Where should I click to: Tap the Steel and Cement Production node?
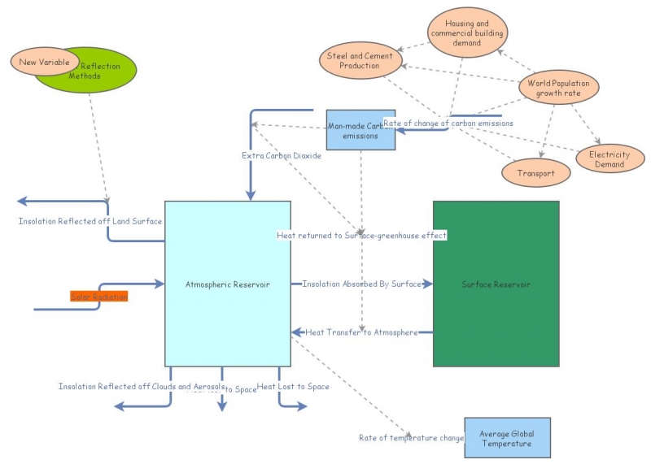coord(359,61)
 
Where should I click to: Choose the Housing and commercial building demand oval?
coord(467,33)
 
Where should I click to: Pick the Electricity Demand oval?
coord(609,158)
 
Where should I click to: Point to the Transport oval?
coord(535,173)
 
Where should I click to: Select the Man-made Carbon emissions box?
coord(360,130)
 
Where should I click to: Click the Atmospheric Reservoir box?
coord(228,284)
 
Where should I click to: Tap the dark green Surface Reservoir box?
coord(496,284)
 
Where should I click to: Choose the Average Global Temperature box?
coord(506,438)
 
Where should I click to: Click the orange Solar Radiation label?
coord(98,297)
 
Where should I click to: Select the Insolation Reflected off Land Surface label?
coord(90,221)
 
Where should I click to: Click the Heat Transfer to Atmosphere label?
coord(361,332)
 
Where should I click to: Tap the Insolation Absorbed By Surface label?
coord(362,284)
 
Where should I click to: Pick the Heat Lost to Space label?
coord(293,387)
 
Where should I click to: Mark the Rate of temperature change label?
coord(411,438)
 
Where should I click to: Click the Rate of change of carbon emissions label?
coord(448,123)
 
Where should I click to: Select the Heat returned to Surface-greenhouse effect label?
coord(362,236)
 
